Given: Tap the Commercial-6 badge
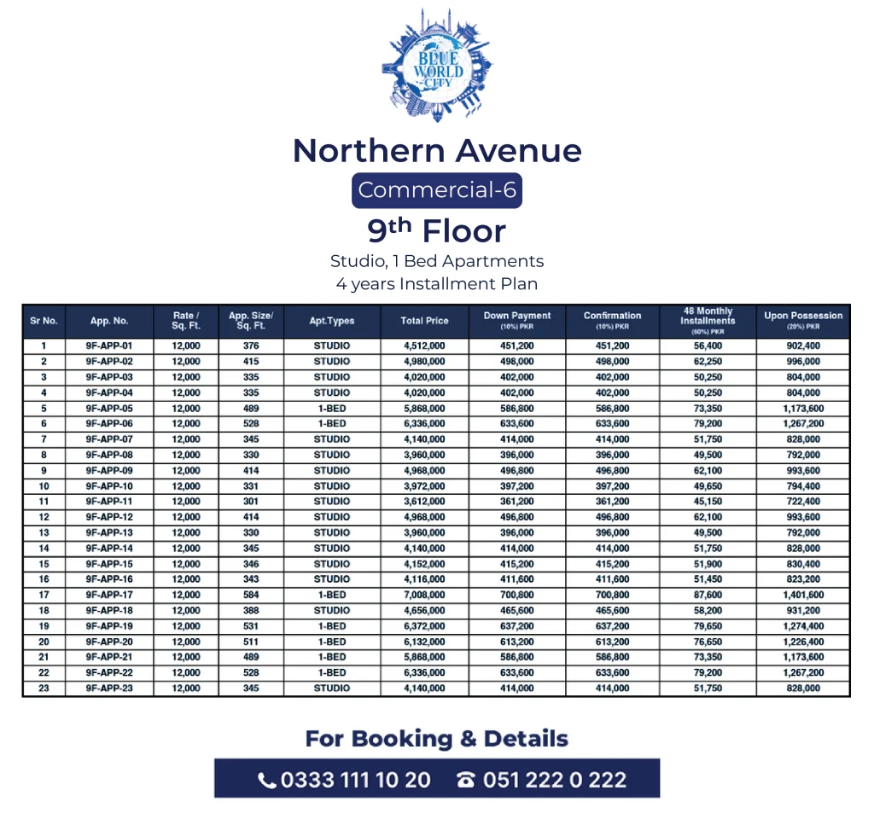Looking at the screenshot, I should (x=437, y=190).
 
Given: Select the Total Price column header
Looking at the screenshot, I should (x=424, y=321).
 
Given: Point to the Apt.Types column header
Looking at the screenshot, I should (x=332, y=321).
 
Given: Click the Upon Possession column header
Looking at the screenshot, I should (x=803, y=321).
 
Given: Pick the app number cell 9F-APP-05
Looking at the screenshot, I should (x=109, y=409).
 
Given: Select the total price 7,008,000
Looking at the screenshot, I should (x=424, y=595).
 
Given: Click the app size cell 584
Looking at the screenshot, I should (x=250, y=595).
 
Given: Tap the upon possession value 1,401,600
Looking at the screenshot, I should (x=803, y=595).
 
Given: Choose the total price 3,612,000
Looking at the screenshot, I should (x=424, y=502).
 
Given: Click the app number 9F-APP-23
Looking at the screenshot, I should (x=109, y=688).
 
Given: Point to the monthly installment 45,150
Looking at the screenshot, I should (x=708, y=502).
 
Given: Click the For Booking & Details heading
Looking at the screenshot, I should (x=437, y=739).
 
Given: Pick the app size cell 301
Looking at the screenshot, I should (x=250, y=502).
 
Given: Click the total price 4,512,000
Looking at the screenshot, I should (x=424, y=346).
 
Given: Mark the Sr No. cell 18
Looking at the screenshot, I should (x=44, y=610).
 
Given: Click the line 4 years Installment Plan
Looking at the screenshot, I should (x=437, y=283).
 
